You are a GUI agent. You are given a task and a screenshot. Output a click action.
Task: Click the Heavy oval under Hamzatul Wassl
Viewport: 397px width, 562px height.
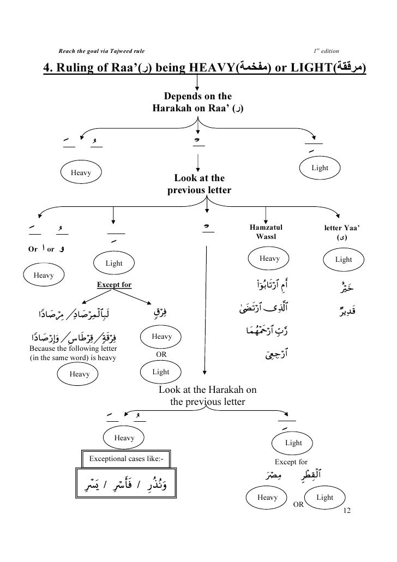[269, 259]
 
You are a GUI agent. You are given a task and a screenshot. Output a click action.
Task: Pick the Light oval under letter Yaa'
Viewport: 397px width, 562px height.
[344, 260]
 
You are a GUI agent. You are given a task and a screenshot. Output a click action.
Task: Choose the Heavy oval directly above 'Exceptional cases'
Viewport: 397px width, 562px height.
[124, 438]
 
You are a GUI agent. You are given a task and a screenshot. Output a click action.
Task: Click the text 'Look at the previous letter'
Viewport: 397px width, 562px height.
[199, 184]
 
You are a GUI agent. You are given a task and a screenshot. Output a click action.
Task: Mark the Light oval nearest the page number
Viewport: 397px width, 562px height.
[325, 498]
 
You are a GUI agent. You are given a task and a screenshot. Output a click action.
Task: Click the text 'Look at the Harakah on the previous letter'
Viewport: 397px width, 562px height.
[207, 397]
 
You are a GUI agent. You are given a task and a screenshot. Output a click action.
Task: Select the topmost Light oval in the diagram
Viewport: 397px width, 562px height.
[320, 168]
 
